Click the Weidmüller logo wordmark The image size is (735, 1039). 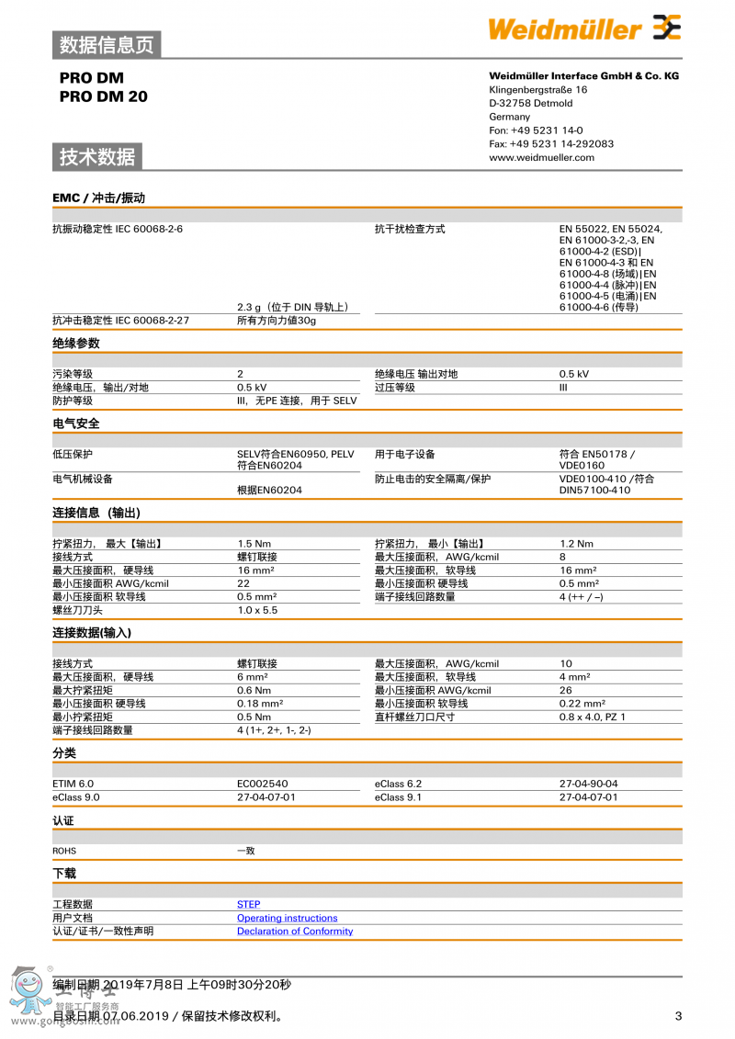coord(564,29)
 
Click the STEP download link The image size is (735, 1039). coord(248,904)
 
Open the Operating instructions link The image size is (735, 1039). coord(287,918)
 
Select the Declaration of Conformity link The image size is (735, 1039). coord(294,931)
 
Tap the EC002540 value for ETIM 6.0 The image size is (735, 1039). coord(262,784)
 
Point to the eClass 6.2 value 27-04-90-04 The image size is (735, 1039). coord(588,784)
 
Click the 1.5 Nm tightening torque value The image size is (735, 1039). coord(253,544)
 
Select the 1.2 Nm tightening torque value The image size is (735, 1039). coord(576,544)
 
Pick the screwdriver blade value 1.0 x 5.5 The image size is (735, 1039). coord(256,610)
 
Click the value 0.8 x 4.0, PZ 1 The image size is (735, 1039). coord(592,717)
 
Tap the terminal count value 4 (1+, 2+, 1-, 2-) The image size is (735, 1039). coord(274,730)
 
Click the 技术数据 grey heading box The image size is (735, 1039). coord(97,157)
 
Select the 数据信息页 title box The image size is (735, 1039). coord(107,44)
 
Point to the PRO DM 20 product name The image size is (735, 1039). coord(103,96)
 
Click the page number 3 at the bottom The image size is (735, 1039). coord(678,1015)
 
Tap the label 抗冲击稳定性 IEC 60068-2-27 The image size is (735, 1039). coord(120,320)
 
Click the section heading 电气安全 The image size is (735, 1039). coord(76,424)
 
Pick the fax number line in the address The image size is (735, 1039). coord(551,143)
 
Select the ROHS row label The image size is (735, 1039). coord(64,851)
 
